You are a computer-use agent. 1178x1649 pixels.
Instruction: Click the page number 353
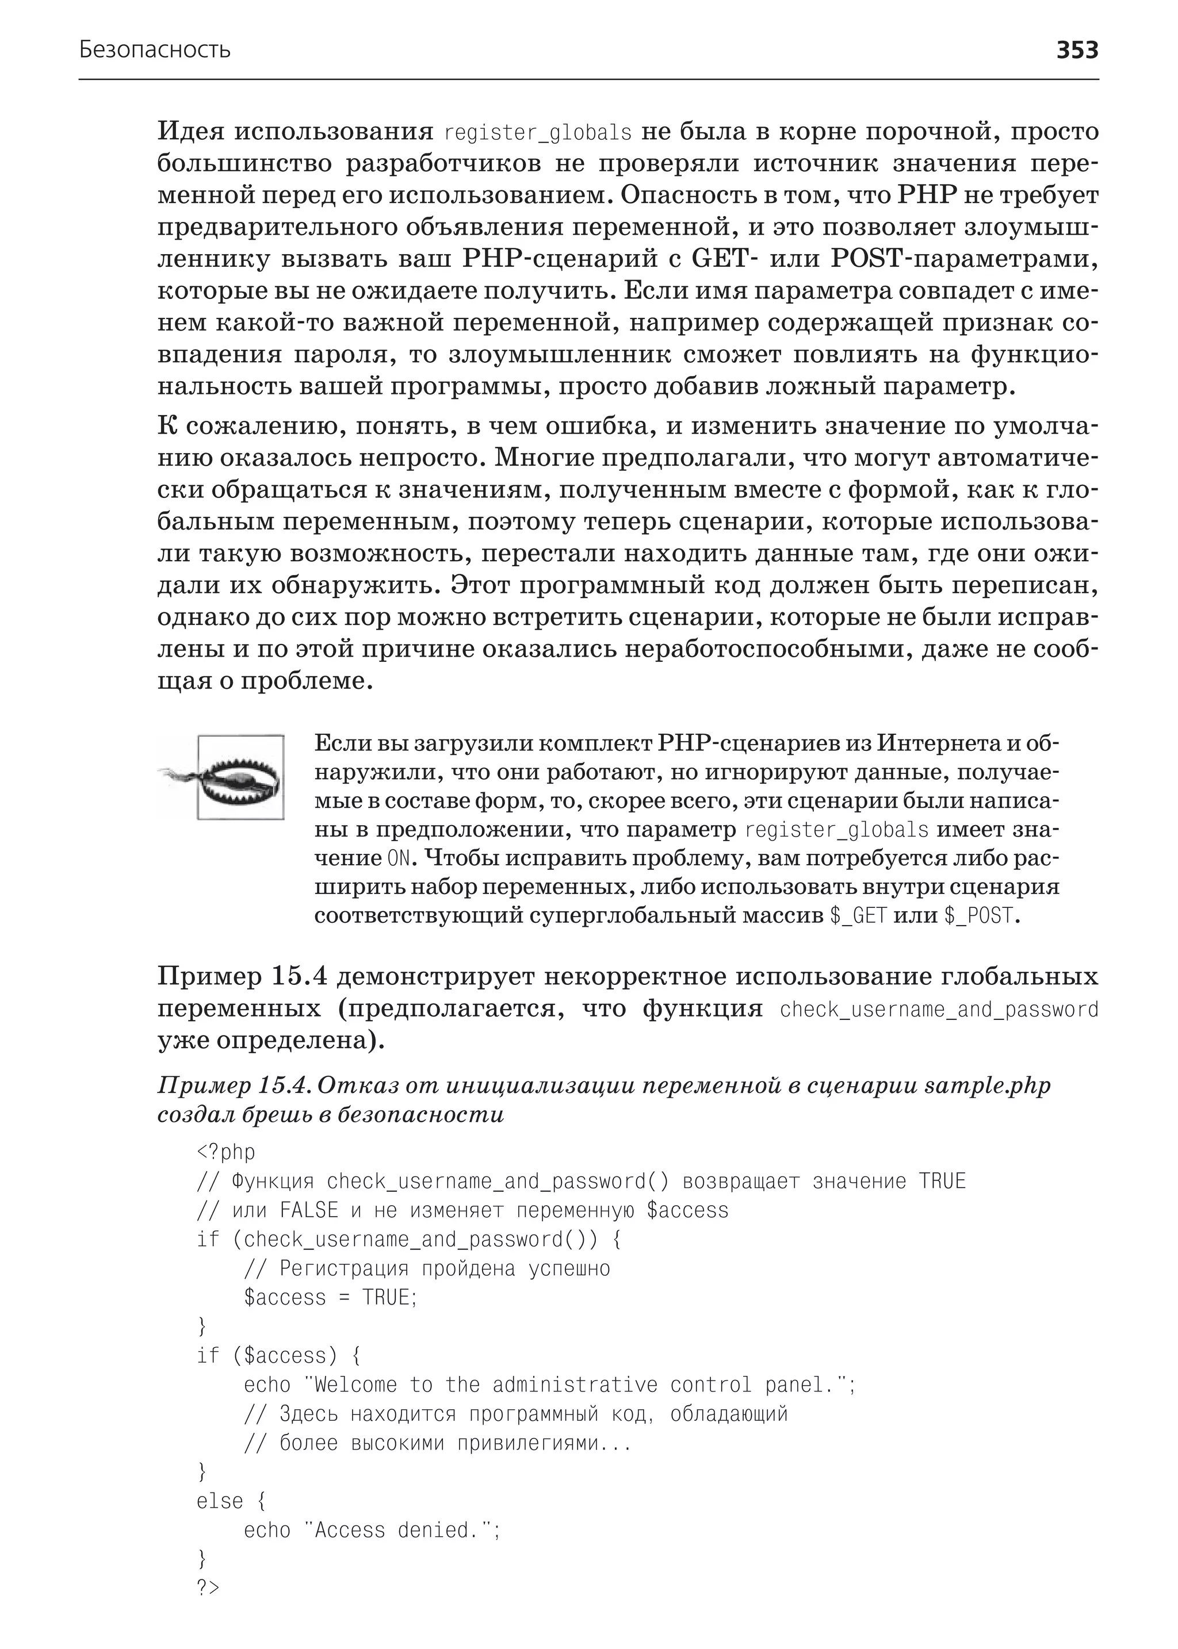pos(1076,50)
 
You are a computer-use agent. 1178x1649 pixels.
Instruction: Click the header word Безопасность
pos(155,50)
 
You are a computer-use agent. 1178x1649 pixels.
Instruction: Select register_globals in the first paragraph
pos(537,133)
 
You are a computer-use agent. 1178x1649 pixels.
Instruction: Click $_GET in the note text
pos(858,916)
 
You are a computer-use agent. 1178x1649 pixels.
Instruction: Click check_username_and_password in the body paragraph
pos(939,1010)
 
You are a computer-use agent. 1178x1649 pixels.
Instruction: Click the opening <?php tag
pos(225,1152)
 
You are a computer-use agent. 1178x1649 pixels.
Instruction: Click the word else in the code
pos(219,1500)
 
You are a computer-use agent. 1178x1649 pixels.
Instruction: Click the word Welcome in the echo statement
pos(355,1385)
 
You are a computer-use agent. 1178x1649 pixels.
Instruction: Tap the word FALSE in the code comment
pos(309,1210)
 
